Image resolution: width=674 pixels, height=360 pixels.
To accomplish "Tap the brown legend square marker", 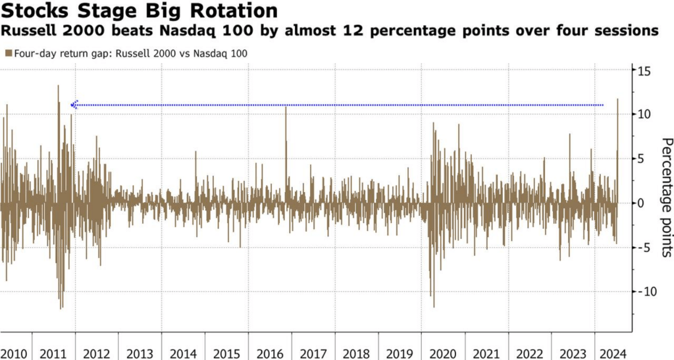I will pos(7,53).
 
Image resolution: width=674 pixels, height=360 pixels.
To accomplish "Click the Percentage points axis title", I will pos(665,197).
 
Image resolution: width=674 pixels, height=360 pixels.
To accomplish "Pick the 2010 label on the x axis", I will pos(15,353).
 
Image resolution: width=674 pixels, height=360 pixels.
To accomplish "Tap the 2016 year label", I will pos(270,353).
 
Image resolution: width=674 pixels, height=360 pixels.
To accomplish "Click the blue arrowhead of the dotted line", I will pos(74,105).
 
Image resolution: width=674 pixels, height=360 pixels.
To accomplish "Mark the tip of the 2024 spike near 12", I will pos(617,99).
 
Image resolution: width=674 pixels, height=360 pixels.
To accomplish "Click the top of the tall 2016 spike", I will pos(286,107).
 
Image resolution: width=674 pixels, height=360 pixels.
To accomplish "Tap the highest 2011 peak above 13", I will pos(58,86).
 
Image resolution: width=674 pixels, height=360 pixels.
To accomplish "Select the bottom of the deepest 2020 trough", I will pos(434,306).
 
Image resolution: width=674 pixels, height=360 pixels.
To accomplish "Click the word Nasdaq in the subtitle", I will pos(178,30).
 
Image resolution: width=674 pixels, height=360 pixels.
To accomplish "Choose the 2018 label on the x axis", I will pos(355,353).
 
